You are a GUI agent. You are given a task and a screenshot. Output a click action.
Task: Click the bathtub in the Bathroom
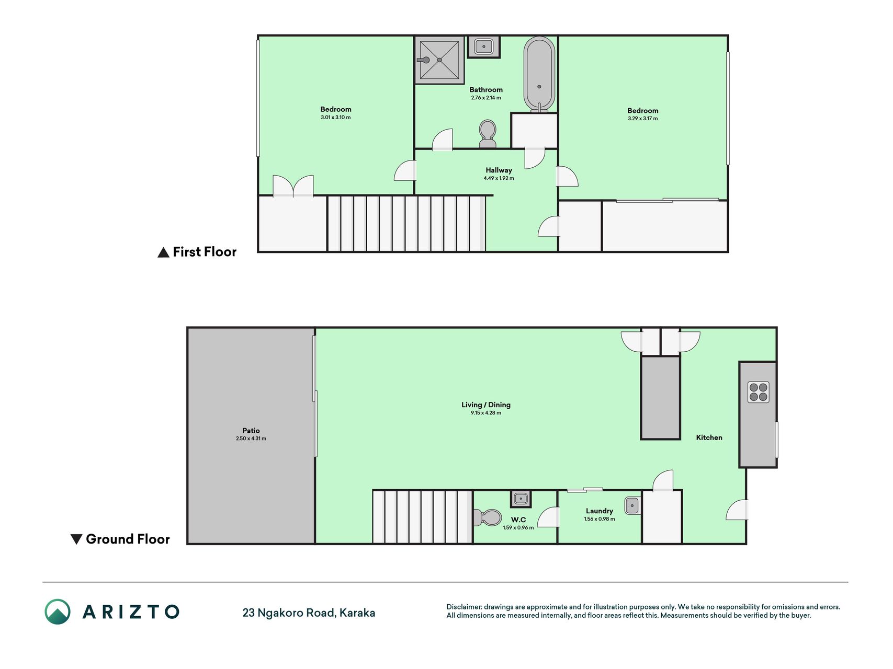(x=539, y=74)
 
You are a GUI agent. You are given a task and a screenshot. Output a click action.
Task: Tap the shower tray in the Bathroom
(x=439, y=60)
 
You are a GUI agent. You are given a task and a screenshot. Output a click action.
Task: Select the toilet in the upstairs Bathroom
(x=488, y=134)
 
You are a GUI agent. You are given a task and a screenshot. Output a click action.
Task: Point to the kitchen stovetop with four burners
(x=759, y=392)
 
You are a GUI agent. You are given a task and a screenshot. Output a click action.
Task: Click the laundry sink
(x=632, y=506)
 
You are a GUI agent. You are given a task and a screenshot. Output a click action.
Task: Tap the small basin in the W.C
(x=521, y=499)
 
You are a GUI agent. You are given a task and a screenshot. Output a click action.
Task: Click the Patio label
(x=251, y=431)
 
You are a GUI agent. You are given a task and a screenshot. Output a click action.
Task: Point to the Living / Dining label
(x=486, y=405)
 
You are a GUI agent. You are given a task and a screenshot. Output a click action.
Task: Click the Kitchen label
(x=709, y=437)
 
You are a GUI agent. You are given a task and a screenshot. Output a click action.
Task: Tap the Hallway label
(x=499, y=170)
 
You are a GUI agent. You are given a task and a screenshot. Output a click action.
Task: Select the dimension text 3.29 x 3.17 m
(x=643, y=119)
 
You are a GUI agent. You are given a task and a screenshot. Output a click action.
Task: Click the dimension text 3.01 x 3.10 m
(x=336, y=118)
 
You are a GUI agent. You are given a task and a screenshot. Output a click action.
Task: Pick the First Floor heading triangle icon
(x=163, y=252)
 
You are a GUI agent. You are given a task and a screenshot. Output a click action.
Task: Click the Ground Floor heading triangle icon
(x=76, y=539)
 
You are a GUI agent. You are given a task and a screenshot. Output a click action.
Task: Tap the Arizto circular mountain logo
(x=58, y=612)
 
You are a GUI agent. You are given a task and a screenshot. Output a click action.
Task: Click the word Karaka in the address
(x=357, y=613)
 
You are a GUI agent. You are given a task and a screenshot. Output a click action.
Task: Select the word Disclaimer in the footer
(x=464, y=607)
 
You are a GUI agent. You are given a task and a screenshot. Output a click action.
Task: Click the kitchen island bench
(x=661, y=398)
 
